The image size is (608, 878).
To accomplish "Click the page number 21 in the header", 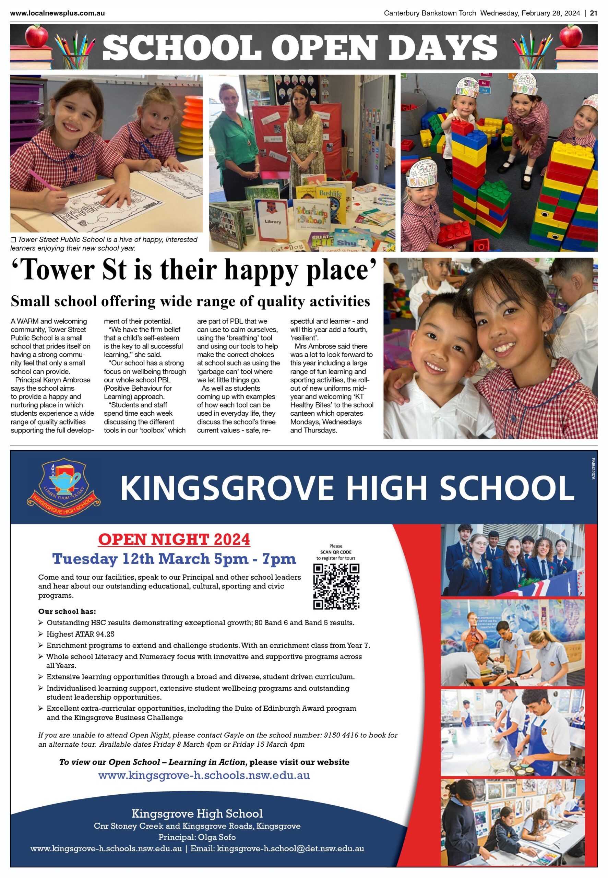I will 593,13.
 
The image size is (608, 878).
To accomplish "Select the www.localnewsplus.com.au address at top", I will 58,13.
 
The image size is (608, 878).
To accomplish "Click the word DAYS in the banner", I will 437,47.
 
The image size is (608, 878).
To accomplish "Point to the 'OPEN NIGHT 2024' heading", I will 174,539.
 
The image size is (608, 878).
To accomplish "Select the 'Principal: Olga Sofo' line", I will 197,838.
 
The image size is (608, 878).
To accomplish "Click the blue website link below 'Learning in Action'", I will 204,775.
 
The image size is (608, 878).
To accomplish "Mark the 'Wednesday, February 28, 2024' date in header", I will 530,13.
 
